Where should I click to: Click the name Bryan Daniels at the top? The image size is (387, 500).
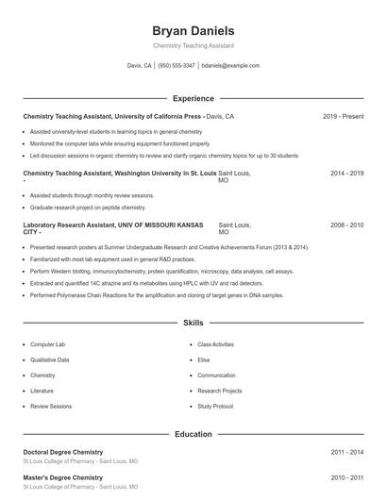pos(193,30)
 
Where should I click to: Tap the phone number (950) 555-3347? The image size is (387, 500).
pos(177,66)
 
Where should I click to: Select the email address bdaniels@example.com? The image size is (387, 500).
pos(231,66)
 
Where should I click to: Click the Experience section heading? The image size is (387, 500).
pos(193,98)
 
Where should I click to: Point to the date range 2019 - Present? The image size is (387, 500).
pos(343,116)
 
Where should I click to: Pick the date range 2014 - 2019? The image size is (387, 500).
pos(346,175)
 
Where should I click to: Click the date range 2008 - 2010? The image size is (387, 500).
pos(346,225)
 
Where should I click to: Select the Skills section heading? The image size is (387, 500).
pos(193,323)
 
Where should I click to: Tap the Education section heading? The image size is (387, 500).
pos(193,434)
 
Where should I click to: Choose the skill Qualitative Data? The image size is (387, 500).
pos(50,359)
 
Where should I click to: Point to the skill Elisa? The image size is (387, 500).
pos(204,359)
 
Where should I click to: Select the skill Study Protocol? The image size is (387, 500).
pos(215,406)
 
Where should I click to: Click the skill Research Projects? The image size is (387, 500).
pos(220,391)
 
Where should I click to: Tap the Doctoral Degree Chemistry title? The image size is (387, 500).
pos(63,452)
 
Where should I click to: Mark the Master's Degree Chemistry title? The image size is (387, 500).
pos(62,478)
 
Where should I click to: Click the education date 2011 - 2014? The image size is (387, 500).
pos(346,452)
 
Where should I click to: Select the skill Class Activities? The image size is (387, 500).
pos(215,344)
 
